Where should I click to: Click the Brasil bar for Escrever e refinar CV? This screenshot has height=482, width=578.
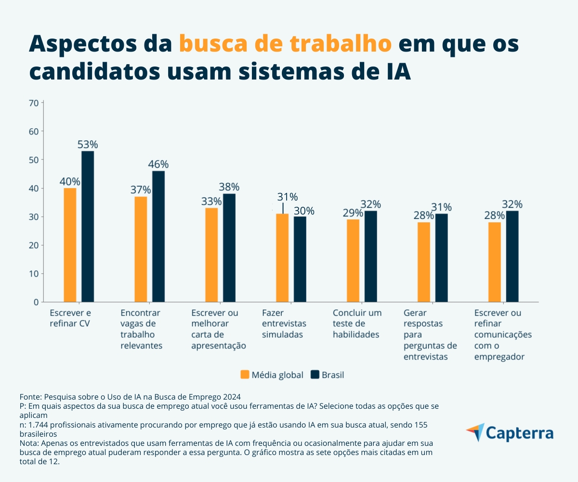(x=88, y=227)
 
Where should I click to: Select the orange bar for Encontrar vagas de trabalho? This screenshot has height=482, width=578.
(x=141, y=249)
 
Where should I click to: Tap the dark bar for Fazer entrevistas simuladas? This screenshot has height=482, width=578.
(x=300, y=259)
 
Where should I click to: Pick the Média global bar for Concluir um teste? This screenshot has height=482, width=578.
(x=353, y=261)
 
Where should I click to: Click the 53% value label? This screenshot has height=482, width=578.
(x=88, y=145)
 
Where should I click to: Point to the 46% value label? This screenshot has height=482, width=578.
(x=158, y=164)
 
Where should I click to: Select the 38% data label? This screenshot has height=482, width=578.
(x=229, y=187)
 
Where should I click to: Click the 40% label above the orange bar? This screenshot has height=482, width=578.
(x=70, y=182)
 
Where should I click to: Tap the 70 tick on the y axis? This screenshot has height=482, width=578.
(x=34, y=103)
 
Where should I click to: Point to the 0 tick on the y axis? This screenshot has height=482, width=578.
(x=36, y=302)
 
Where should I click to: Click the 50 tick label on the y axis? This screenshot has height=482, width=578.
(x=34, y=160)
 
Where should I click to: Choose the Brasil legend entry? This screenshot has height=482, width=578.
(x=328, y=375)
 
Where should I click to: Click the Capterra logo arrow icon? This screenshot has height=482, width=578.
(x=475, y=432)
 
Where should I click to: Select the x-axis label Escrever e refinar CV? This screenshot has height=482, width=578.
(x=70, y=318)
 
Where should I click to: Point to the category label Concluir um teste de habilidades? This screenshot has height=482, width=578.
(x=357, y=323)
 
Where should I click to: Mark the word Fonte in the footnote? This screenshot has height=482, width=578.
(x=30, y=398)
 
